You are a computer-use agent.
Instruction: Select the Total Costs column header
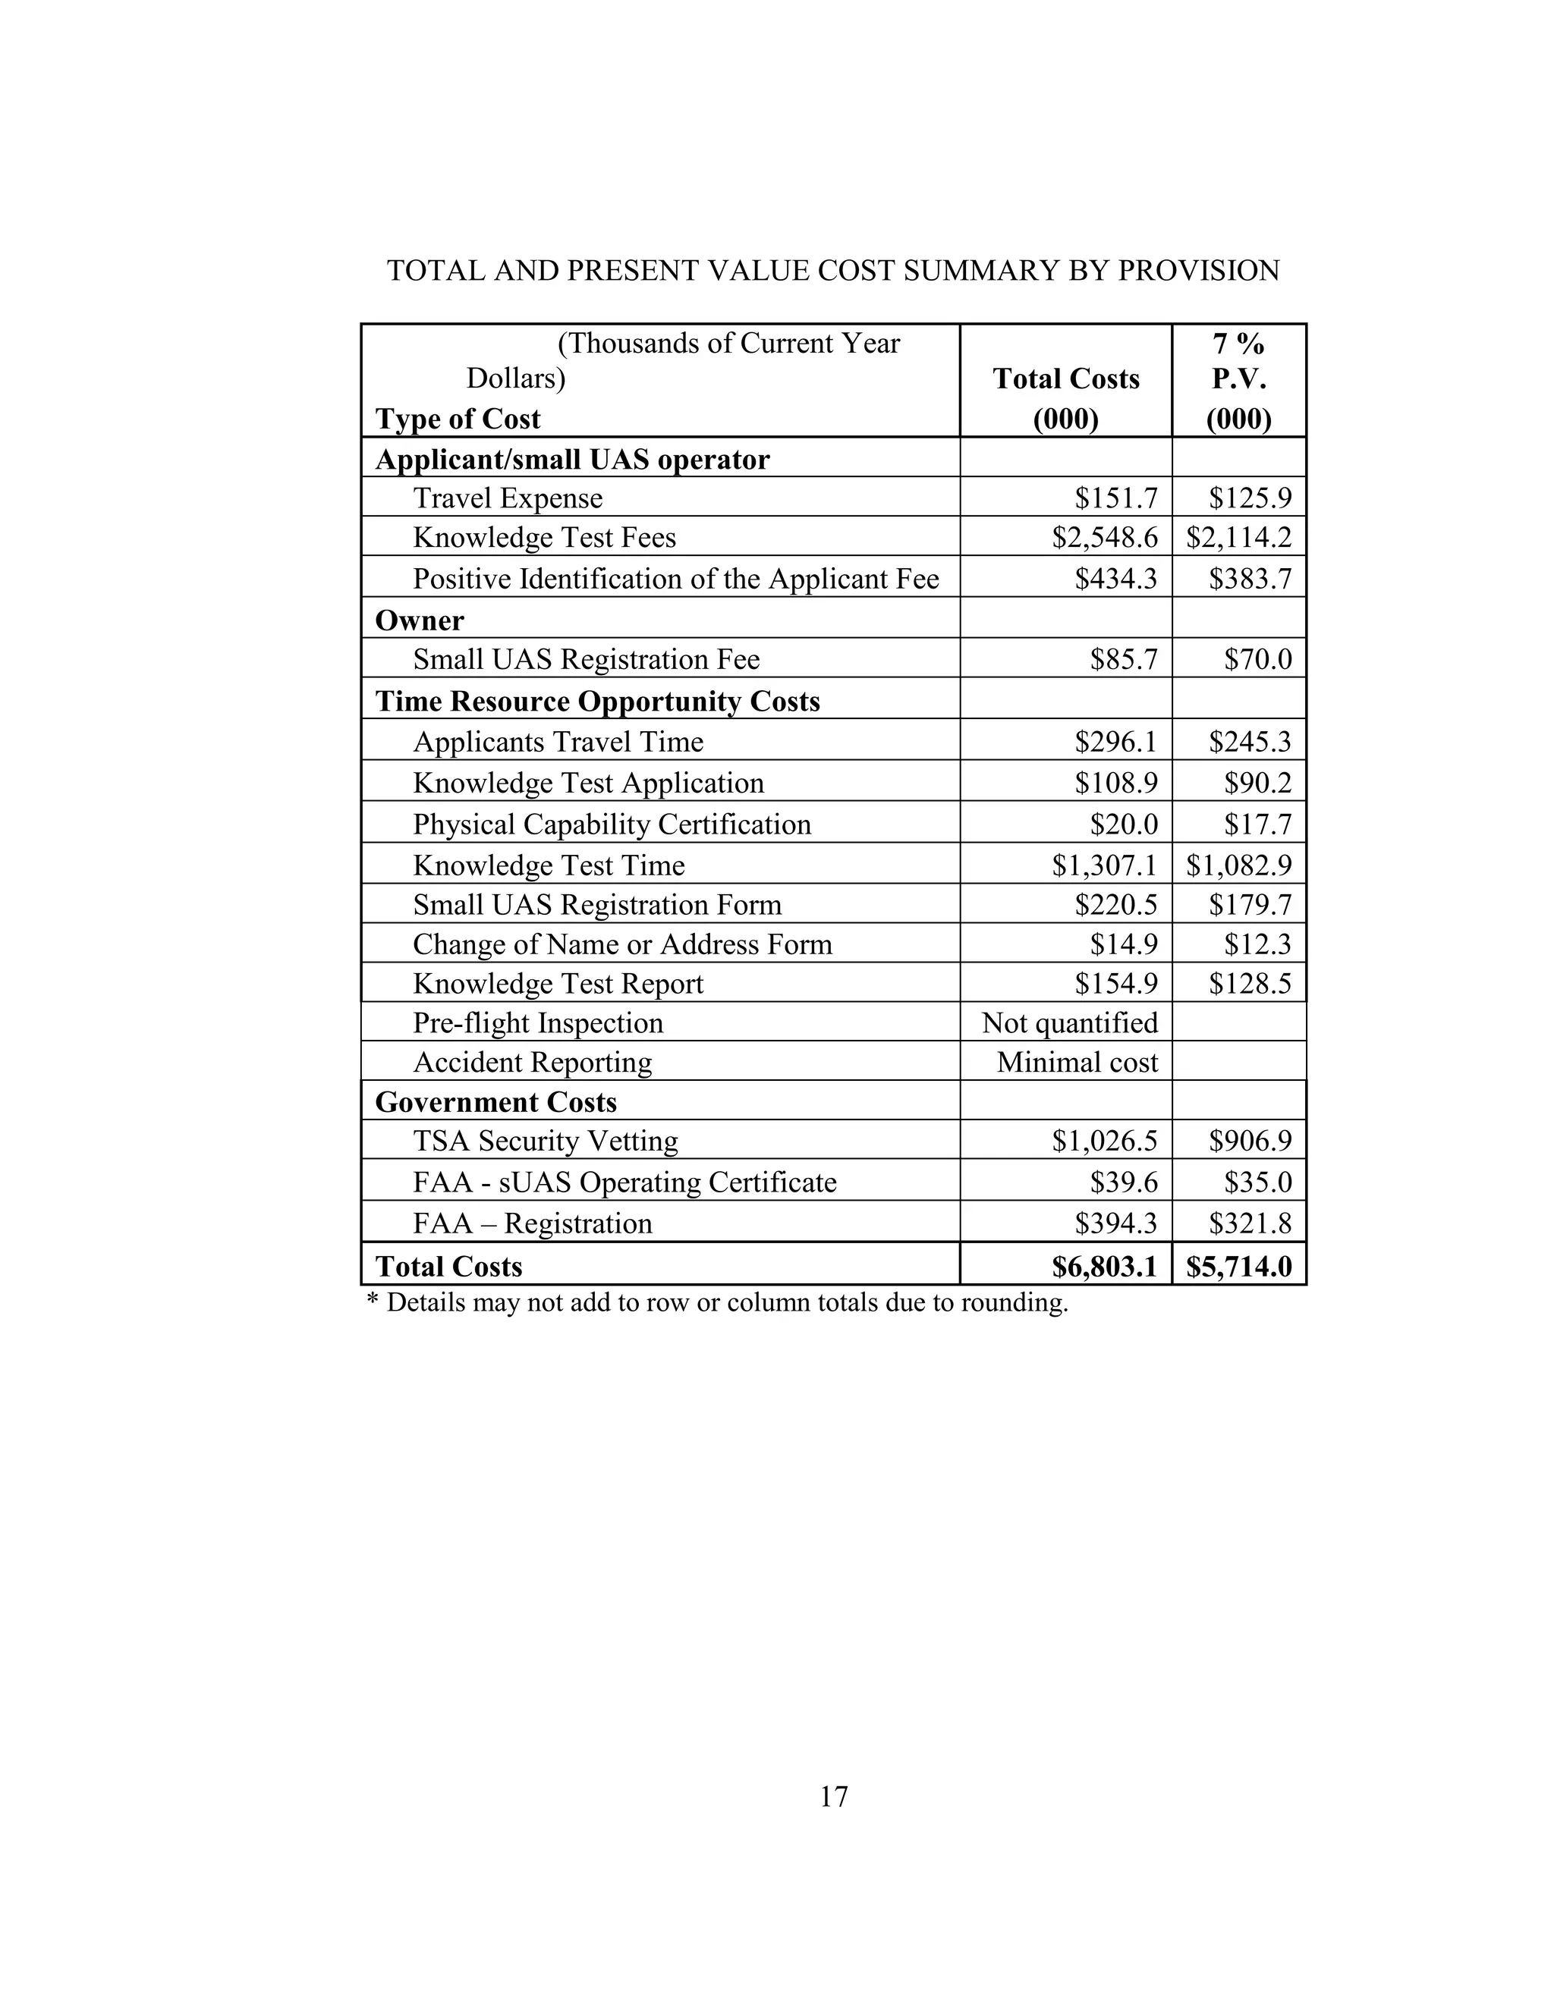click(1066, 379)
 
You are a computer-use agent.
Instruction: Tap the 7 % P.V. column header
click(1238, 379)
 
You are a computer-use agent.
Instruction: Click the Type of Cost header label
click(458, 419)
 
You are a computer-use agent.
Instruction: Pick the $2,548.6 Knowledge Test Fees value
click(1105, 538)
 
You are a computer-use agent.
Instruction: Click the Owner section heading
click(420, 620)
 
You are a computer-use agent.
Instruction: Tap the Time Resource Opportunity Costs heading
click(597, 702)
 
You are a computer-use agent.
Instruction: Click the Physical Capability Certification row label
click(612, 824)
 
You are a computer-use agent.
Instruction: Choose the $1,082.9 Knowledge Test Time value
click(1239, 865)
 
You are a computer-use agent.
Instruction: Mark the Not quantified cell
click(1070, 1022)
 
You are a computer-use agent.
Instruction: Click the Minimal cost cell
click(1077, 1062)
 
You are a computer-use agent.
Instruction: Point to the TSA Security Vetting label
click(545, 1142)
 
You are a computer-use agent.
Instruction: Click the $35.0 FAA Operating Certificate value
click(1257, 1182)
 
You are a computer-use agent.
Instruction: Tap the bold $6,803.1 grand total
click(1104, 1267)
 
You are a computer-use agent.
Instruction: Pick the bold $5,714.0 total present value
click(1239, 1267)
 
